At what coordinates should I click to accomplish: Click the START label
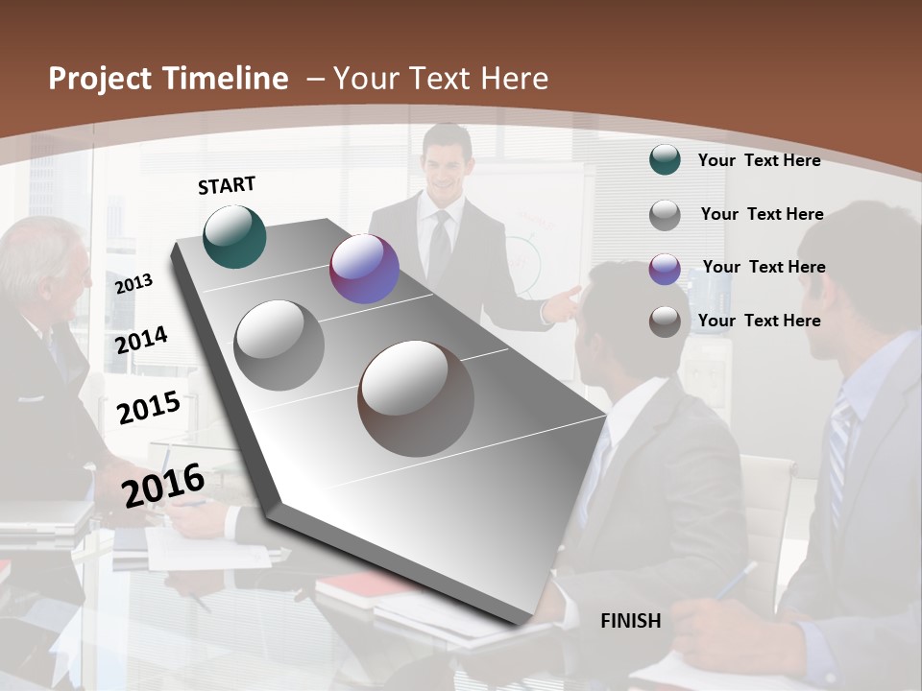click(x=227, y=185)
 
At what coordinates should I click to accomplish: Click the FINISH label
click(x=631, y=621)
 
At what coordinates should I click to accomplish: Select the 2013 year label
click(x=133, y=283)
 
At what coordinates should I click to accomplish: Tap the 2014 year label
click(x=141, y=340)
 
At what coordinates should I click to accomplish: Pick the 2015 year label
click(x=149, y=408)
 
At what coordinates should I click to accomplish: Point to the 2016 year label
click(x=163, y=485)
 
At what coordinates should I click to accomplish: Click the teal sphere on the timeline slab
click(x=235, y=236)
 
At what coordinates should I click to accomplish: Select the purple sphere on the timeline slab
click(x=364, y=269)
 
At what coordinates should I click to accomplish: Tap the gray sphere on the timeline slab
click(x=279, y=345)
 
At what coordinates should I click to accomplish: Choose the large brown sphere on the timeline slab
click(x=416, y=398)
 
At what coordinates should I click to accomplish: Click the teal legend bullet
click(x=665, y=160)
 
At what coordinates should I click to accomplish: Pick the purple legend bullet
click(x=665, y=269)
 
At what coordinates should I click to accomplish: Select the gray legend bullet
click(x=665, y=215)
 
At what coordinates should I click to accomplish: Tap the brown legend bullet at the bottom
click(x=665, y=322)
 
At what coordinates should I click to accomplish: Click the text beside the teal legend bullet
click(x=759, y=160)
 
